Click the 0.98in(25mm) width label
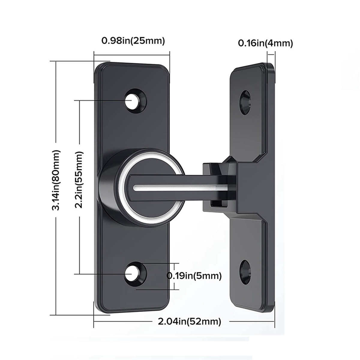(133, 41)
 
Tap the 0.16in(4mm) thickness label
(265, 43)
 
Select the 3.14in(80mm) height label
(56, 184)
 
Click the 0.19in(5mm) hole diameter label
(194, 275)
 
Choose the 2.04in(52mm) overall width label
(190, 322)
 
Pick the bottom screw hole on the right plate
(245, 271)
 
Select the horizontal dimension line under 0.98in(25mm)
(132, 54)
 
